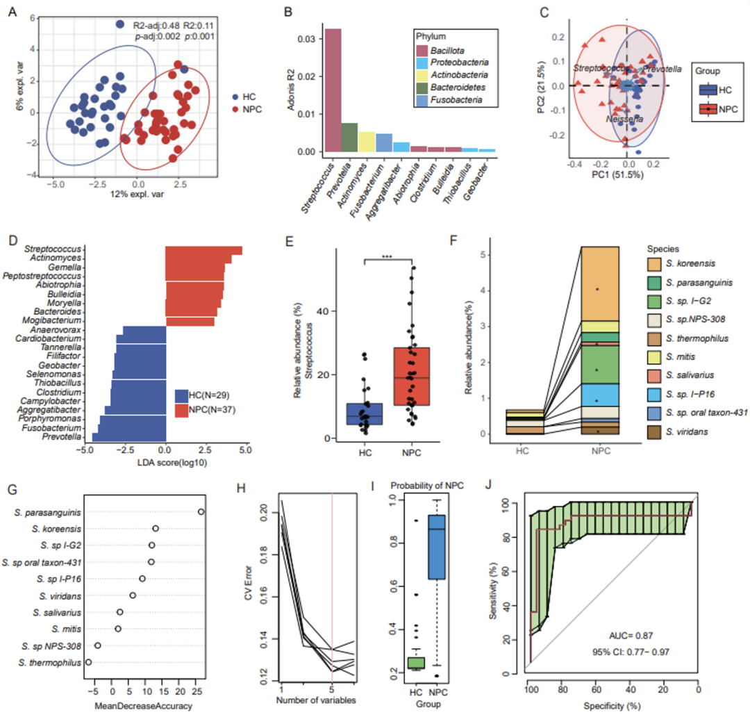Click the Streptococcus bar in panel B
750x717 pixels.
[x=333, y=90]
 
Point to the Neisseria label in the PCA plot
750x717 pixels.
[x=624, y=119]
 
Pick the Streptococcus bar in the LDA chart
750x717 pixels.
[x=203, y=251]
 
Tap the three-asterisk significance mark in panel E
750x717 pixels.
[x=388, y=257]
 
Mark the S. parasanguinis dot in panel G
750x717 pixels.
[x=201, y=512]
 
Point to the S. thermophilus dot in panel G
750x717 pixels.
[x=88, y=662]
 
